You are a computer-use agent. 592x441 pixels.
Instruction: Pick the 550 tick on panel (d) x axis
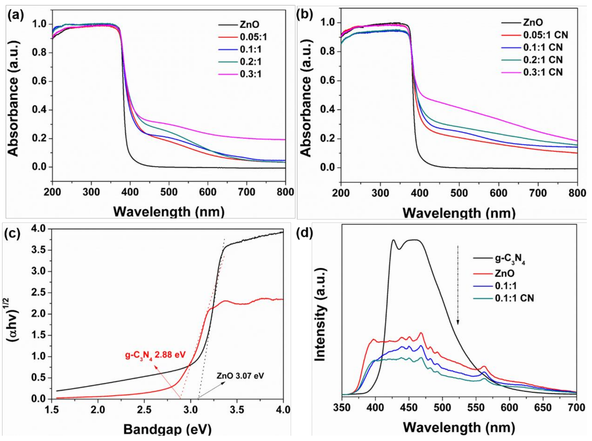tap(476, 408)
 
